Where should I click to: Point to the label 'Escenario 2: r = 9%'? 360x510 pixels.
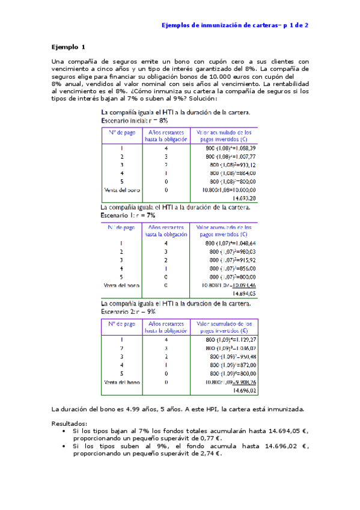129,312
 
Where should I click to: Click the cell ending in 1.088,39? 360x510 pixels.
231,147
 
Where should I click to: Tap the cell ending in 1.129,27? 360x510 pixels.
231,339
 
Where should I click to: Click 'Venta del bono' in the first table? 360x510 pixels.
122,189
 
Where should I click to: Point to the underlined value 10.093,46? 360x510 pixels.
244,284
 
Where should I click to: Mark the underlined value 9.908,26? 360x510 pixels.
245,382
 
